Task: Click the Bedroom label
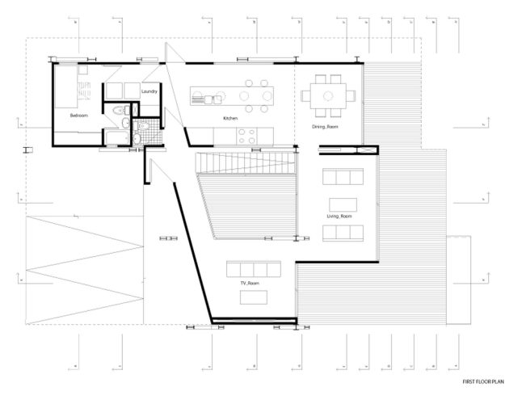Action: pyautogui.click(x=78, y=116)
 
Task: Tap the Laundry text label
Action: pyautogui.click(x=149, y=91)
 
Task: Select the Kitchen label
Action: pyautogui.click(x=230, y=119)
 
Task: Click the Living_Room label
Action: pyautogui.click(x=339, y=217)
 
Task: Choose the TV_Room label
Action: pyautogui.click(x=249, y=284)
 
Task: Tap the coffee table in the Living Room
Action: pyautogui.click(x=340, y=204)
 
